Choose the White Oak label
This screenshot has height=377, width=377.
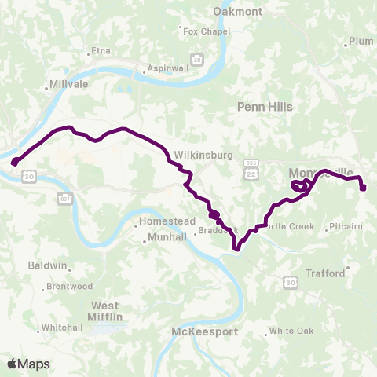(x=291, y=331)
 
